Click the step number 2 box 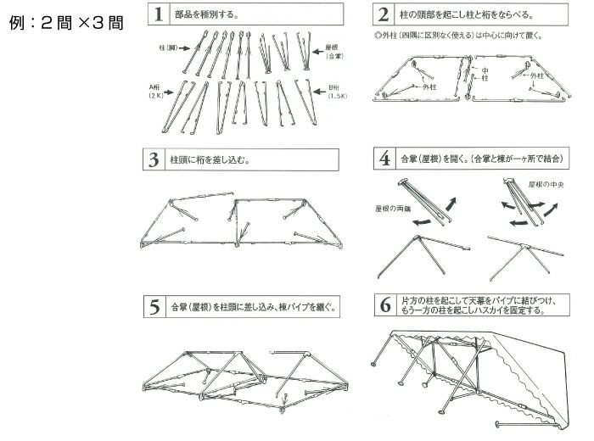(x=384, y=15)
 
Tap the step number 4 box (x=384, y=159)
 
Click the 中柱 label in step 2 (x=484, y=74)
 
